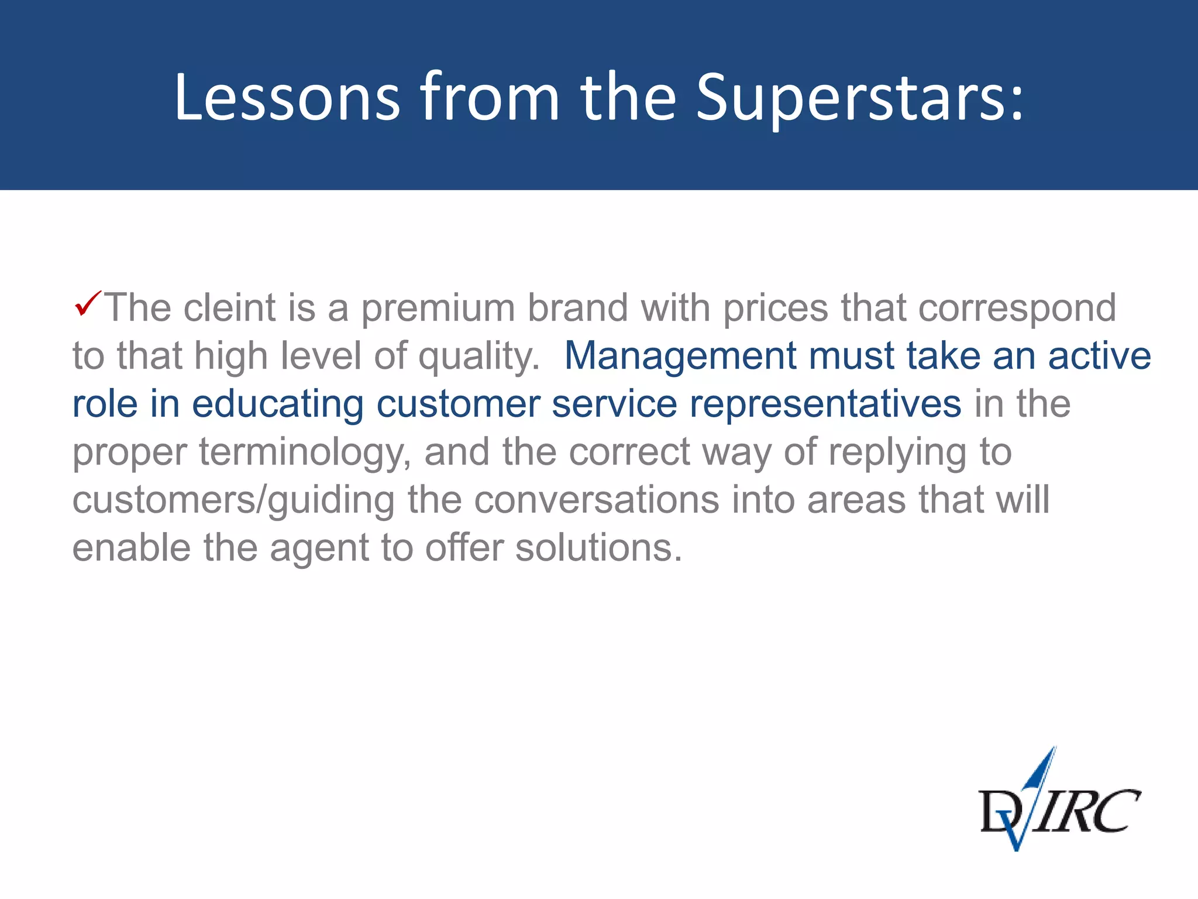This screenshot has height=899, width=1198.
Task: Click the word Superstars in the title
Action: (860, 97)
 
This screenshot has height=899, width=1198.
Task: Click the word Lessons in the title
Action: (287, 97)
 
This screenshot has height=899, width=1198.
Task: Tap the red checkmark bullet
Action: (87, 303)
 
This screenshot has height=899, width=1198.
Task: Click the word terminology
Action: (305, 453)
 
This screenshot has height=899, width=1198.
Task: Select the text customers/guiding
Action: (233, 501)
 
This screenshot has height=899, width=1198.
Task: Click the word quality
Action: (479, 357)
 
